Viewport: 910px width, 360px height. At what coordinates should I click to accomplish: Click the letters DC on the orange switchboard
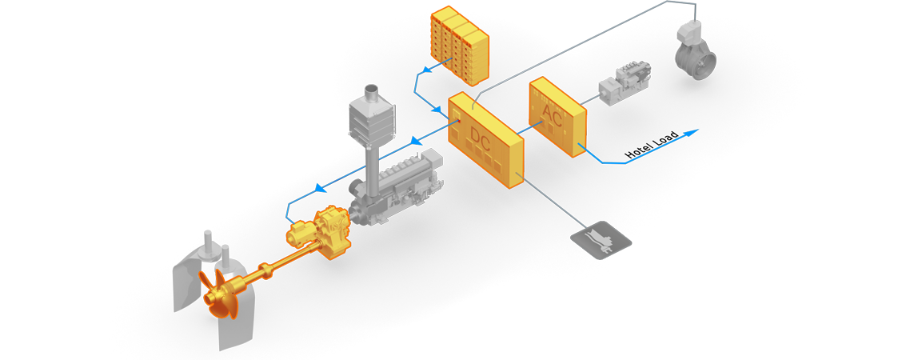pyautogui.click(x=481, y=139)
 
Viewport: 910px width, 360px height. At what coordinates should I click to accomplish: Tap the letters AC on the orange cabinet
pyautogui.click(x=553, y=113)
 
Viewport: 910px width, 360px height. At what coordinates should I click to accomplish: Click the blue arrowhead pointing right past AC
pyautogui.click(x=692, y=133)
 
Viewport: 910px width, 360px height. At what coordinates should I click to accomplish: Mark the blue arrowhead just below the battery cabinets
pyautogui.click(x=427, y=70)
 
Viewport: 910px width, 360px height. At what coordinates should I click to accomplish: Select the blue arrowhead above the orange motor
pyautogui.click(x=321, y=189)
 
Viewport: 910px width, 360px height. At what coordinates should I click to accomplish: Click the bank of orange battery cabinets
pyautogui.click(x=459, y=44)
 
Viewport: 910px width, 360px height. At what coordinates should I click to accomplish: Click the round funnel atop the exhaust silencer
pyautogui.click(x=373, y=93)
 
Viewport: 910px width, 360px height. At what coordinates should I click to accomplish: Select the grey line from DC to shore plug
pyautogui.click(x=552, y=200)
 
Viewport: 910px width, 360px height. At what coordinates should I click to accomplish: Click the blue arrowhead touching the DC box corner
pyautogui.click(x=437, y=109)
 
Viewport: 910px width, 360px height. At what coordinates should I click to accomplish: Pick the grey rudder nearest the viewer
pyautogui.click(x=240, y=320)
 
